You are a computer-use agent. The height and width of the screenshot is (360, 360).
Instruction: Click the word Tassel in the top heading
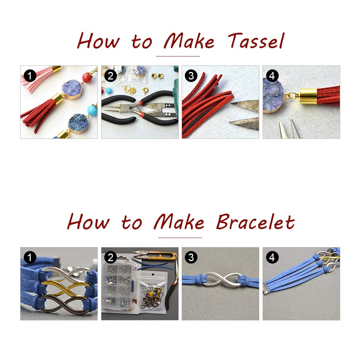pyautogui.click(x=256, y=41)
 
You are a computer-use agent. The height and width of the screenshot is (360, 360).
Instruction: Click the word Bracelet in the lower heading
pyautogui.click(x=256, y=222)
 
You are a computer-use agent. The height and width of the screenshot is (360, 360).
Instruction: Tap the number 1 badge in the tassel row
pyautogui.click(x=30, y=76)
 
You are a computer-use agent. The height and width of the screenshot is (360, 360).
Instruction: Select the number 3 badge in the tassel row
pyautogui.click(x=191, y=76)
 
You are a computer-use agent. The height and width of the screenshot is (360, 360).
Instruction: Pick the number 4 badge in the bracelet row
pyautogui.click(x=272, y=258)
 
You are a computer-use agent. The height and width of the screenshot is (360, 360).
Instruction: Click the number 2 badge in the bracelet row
pyautogui.click(x=110, y=258)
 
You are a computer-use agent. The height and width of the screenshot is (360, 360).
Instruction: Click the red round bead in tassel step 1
pyautogui.click(x=87, y=78)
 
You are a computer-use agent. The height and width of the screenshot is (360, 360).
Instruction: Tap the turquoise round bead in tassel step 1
pyautogui.click(x=92, y=110)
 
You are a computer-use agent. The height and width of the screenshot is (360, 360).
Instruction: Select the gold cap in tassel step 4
pyautogui.click(x=309, y=96)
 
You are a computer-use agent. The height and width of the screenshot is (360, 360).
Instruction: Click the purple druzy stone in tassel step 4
pyautogui.click(x=273, y=96)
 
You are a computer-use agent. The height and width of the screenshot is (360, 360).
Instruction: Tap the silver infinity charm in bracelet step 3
pyautogui.click(x=223, y=279)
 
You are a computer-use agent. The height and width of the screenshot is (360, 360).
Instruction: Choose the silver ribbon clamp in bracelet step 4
pyautogui.click(x=268, y=289)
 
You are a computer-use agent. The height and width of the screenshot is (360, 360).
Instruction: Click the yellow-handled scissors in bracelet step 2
pyautogui.click(x=155, y=254)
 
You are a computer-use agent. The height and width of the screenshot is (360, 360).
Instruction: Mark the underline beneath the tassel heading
pyautogui.click(x=178, y=56)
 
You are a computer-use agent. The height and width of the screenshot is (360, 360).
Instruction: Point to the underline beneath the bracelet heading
pyautogui.click(x=180, y=238)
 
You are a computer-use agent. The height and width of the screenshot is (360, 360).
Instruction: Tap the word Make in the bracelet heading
pyautogui.click(x=179, y=222)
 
